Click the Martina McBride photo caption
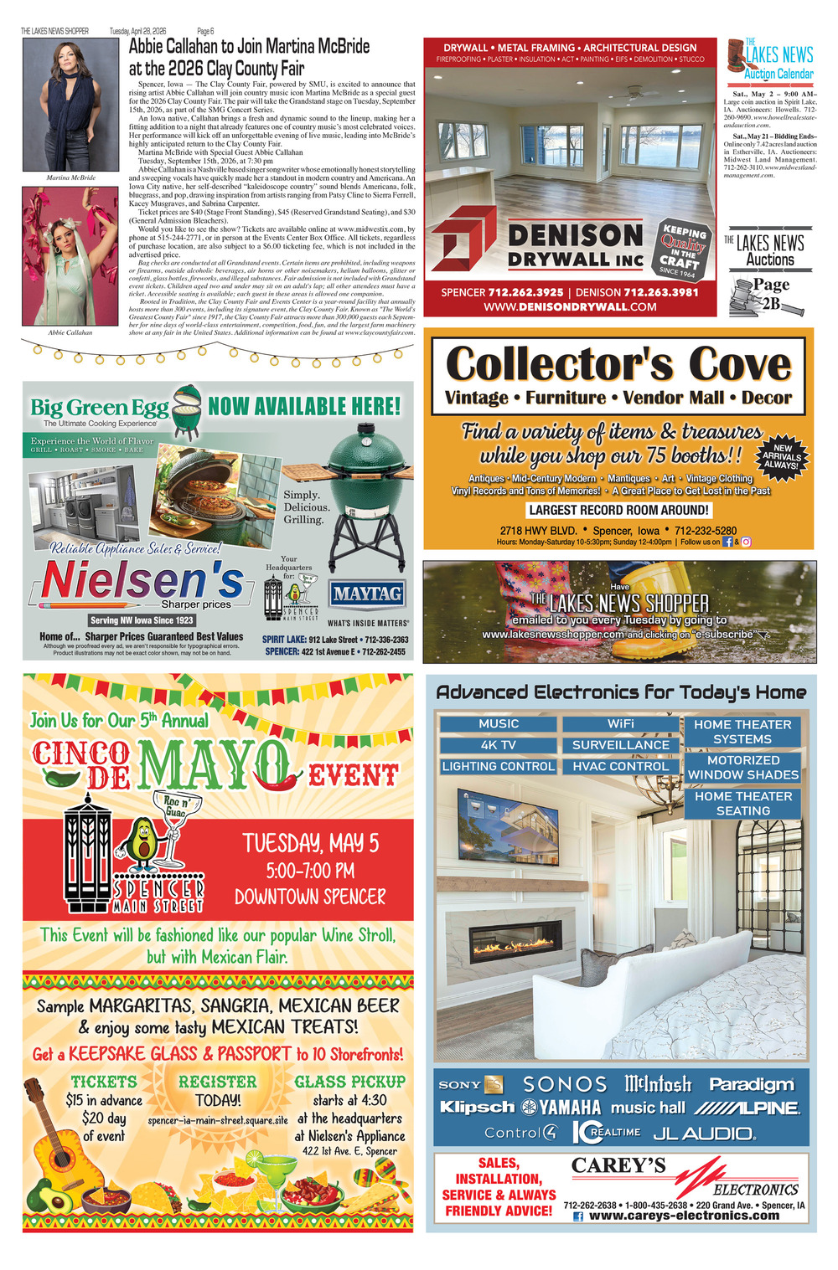coord(71,177)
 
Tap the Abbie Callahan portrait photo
coord(71,256)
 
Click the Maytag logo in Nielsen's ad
coord(367,594)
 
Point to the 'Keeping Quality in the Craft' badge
coord(684,249)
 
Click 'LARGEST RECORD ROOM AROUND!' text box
coord(618,510)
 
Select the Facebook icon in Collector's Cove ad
coord(727,542)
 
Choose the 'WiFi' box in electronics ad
coord(620,723)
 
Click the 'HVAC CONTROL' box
coord(620,766)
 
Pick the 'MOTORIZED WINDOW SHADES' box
coord(742,768)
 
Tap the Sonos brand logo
coord(565,1084)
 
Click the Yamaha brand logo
coord(561,1108)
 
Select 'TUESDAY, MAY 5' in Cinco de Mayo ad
coord(310,842)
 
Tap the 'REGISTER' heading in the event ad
coord(218,1082)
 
